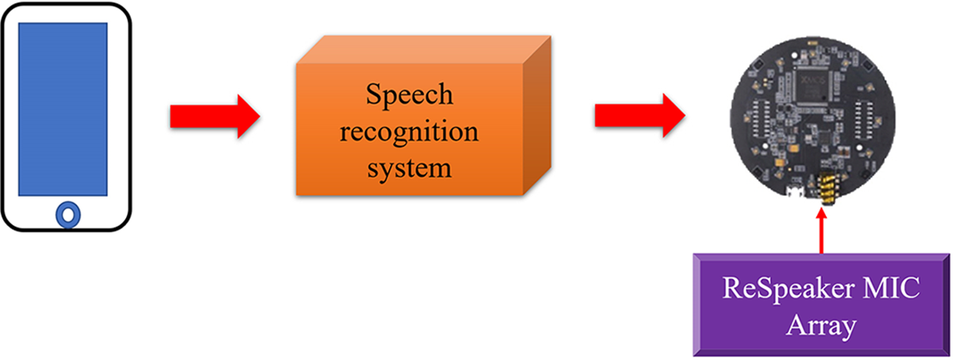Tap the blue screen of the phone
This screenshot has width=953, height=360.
63,109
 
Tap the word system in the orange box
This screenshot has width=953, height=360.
410,168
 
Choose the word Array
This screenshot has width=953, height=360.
821,325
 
